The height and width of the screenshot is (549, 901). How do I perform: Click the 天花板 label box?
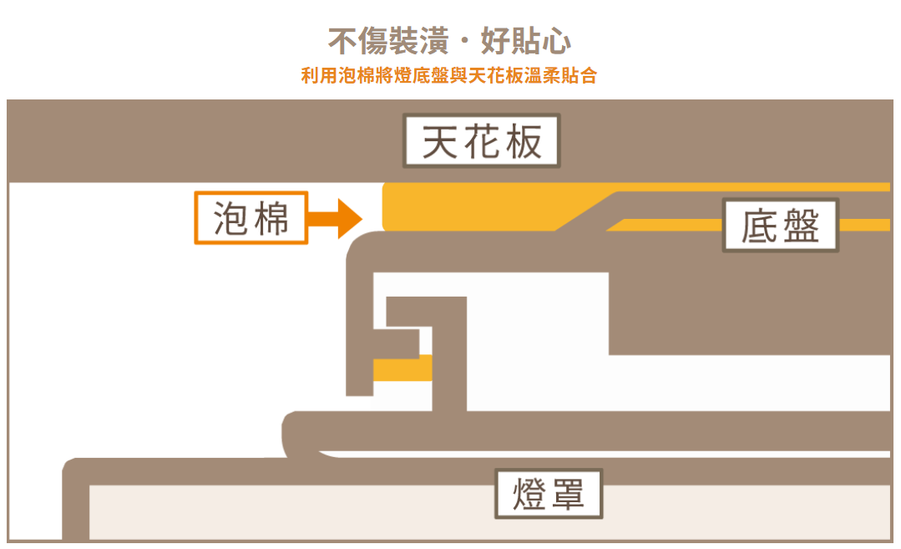tap(482, 141)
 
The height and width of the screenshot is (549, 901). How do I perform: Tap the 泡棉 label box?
tap(251, 218)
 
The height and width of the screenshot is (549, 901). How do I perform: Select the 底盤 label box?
tap(780, 226)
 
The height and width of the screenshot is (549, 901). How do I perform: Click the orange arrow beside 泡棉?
tap(334, 219)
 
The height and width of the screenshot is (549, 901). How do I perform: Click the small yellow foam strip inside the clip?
tap(402, 368)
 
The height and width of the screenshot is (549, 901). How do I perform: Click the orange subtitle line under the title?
tap(449, 76)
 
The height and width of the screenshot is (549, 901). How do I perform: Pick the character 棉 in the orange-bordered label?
tap(271, 218)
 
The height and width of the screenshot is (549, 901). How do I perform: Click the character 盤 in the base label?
tap(801, 226)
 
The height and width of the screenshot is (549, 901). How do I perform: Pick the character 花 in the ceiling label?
tap(482, 141)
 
